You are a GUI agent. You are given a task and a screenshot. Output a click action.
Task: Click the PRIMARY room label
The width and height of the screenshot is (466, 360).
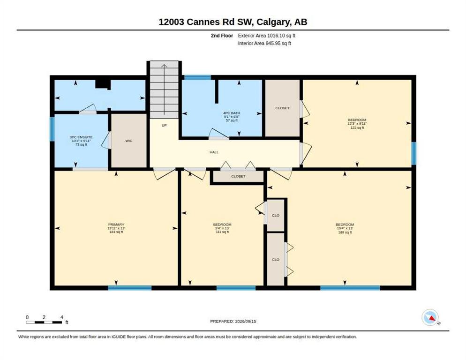[116, 228]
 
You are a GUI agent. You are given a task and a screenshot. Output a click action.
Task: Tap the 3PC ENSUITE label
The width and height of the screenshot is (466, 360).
[81, 141]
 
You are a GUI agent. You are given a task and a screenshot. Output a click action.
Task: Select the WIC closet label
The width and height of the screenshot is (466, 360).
[128, 141]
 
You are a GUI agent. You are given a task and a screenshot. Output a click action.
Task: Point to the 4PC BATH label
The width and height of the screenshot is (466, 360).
[232, 117]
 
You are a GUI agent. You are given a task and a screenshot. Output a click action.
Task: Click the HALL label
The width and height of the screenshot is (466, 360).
[214, 152]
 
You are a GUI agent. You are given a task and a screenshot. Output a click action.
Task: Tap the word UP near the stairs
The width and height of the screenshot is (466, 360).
[164, 126]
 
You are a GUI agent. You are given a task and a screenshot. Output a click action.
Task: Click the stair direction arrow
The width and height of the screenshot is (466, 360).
[164, 89]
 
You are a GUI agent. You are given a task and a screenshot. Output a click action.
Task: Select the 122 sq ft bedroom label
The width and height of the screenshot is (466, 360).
[357, 124]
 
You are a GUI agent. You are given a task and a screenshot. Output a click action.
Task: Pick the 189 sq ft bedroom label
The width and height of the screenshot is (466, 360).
[345, 228]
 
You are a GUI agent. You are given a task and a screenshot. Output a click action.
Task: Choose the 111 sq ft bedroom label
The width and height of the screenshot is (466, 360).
[222, 228]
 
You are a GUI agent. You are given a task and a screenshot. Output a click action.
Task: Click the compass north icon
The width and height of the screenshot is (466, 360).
[430, 317]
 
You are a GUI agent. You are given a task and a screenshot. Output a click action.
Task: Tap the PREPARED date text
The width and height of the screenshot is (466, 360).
[233, 321]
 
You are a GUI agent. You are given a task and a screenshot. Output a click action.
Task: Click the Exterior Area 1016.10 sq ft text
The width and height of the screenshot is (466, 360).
[267, 36]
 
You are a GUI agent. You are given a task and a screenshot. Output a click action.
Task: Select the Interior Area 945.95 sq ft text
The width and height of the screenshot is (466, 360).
[264, 44]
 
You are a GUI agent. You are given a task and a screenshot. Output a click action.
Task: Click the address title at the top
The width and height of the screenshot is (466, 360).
[233, 22]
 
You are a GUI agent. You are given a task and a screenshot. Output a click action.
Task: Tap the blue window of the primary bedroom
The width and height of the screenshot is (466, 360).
[129, 288]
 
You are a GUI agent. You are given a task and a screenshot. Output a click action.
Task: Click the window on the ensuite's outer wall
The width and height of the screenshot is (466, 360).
[52, 129]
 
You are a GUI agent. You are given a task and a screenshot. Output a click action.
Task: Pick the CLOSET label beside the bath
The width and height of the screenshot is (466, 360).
[282, 108]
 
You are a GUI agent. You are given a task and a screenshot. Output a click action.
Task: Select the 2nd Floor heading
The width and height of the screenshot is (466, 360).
[222, 36]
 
